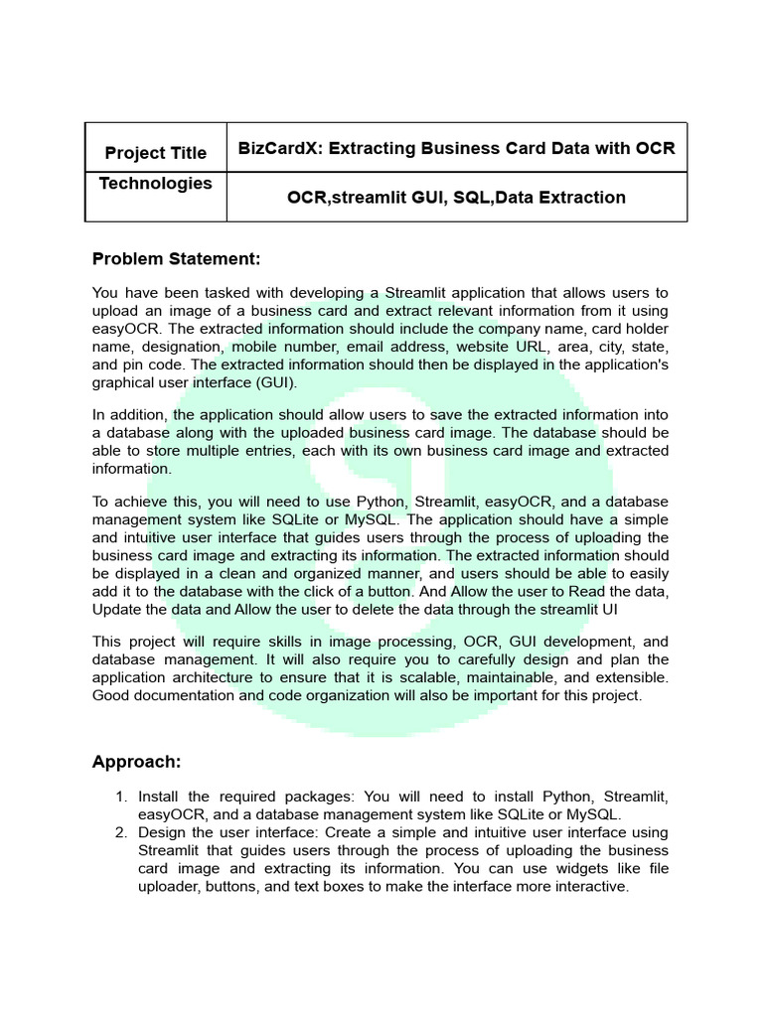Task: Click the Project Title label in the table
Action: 156,152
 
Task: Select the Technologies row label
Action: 156,183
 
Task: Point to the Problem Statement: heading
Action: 177,259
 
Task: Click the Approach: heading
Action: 136,762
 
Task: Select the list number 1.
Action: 121,797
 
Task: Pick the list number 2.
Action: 121,832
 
